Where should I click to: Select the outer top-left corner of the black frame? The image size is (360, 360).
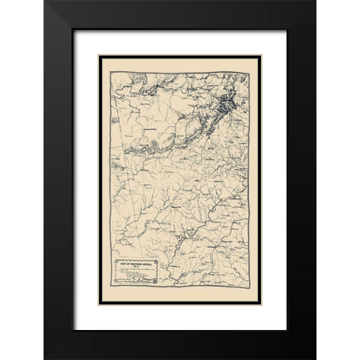click(x=44, y=1)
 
